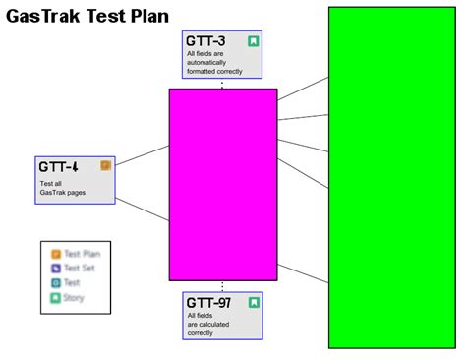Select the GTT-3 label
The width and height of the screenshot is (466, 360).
point(205,41)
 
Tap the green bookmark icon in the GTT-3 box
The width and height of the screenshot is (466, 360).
point(254,41)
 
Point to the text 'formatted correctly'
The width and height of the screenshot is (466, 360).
point(214,72)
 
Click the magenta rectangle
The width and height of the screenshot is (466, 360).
point(223,185)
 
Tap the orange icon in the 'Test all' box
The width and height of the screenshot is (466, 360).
point(106,166)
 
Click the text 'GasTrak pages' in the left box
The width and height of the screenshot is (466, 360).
point(63,193)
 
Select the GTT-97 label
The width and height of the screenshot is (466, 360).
point(208,302)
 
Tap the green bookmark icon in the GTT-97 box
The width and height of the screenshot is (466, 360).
point(254,302)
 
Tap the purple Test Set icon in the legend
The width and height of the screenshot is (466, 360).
point(56,268)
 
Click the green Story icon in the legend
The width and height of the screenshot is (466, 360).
point(56,297)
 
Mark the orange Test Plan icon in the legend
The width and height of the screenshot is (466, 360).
point(56,254)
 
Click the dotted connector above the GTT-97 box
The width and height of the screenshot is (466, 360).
point(222,285)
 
